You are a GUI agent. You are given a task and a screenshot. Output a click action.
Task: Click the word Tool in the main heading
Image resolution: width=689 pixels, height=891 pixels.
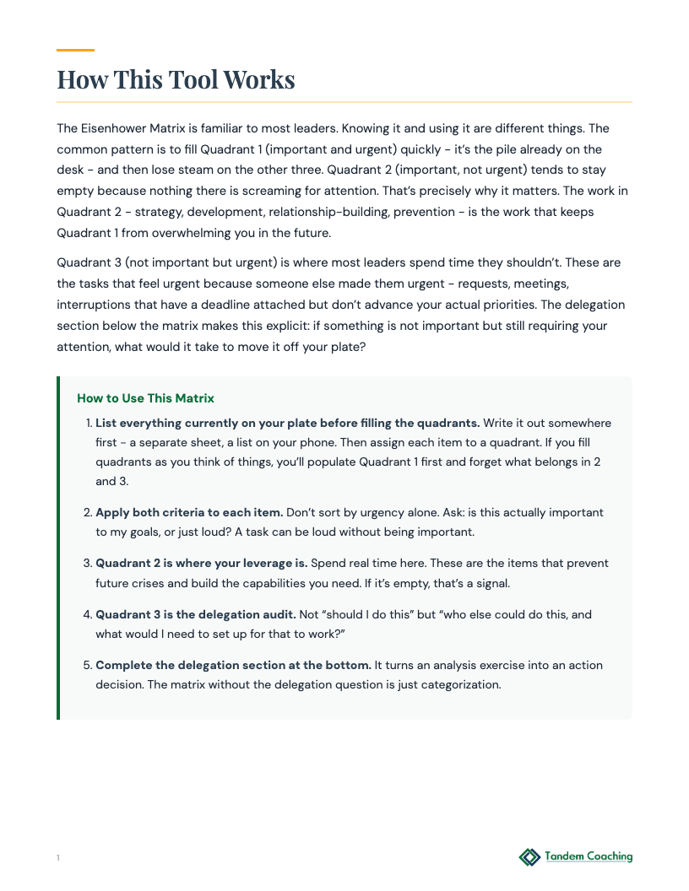tap(195, 79)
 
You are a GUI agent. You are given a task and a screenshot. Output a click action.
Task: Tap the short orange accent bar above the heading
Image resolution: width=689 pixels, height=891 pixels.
tap(75, 51)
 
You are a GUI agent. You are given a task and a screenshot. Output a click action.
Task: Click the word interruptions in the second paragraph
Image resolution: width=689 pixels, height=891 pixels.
tap(95, 304)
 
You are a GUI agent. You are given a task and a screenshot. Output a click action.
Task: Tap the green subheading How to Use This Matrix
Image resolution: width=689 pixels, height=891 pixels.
tap(145, 398)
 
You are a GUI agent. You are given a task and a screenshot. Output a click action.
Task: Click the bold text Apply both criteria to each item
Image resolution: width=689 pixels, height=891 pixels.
tap(189, 512)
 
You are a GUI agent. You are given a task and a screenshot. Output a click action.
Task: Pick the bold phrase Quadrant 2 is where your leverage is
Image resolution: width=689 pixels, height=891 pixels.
tap(201, 563)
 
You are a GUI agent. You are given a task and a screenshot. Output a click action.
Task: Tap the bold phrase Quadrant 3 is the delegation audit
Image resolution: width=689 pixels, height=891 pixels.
tap(195, 614)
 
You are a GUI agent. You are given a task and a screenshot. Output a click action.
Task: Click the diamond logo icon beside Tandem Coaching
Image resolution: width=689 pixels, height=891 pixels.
tap(529, 857)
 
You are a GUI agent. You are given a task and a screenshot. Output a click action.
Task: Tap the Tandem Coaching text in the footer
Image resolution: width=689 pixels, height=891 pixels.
tap(589, 856)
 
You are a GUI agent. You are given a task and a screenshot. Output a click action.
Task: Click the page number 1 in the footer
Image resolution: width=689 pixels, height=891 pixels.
tap(58, 858)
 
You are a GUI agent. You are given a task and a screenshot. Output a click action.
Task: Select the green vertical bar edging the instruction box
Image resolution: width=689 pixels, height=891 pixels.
tap(58, 548)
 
